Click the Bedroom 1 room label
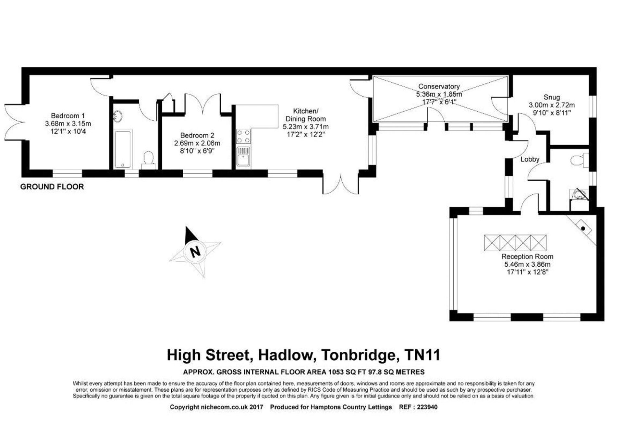[68, 116]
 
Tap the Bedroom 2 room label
[197, 135]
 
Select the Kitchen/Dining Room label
[305, 115]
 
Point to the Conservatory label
[439, 86]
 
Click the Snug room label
[552, 97]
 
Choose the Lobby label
[530, 159]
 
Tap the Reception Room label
[527, 256]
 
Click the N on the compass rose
[195, 252]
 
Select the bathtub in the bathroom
[123, 149]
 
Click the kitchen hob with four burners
[243, 136]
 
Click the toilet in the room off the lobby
[580, 160]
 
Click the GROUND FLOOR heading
[52, 187]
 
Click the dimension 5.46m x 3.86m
[527, 264]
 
